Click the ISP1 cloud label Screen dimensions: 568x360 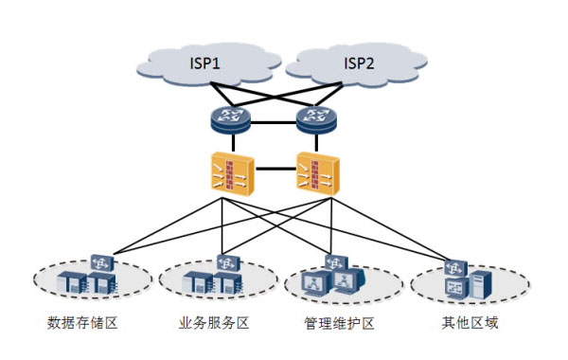click(x=205, y=63)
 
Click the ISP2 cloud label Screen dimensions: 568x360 click(x=359, y=63)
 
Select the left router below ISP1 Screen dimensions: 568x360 click(x=230, y=119)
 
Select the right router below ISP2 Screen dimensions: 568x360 click(x=316, y=119)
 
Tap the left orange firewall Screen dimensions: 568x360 click(x=233, y=174)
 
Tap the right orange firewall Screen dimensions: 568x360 click(x=318, y=174)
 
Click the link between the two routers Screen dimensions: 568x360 click(x=274, y=122)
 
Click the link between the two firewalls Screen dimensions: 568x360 click(x=275, y=169)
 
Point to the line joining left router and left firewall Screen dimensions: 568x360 click(x=233, y=142)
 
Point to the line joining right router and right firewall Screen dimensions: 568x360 click(x=316, y=142)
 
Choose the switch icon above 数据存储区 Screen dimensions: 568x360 click(x=102, y=263)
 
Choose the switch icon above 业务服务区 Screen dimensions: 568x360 click(x=228, y=263)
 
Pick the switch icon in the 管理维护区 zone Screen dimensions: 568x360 click(x=336, y=262)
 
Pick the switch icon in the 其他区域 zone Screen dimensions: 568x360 click(x=455, y=268)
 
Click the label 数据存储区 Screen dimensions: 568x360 click(x=82, y=323)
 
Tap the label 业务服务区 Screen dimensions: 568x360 click(x=214, y=323)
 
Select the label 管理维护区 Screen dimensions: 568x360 click(x=340, y=323)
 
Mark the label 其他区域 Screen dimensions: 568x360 click(x=470, y=322)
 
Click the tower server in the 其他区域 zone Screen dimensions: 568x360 click(x=481, y=285)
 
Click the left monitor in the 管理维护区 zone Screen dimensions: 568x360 click(x=316, y=283)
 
